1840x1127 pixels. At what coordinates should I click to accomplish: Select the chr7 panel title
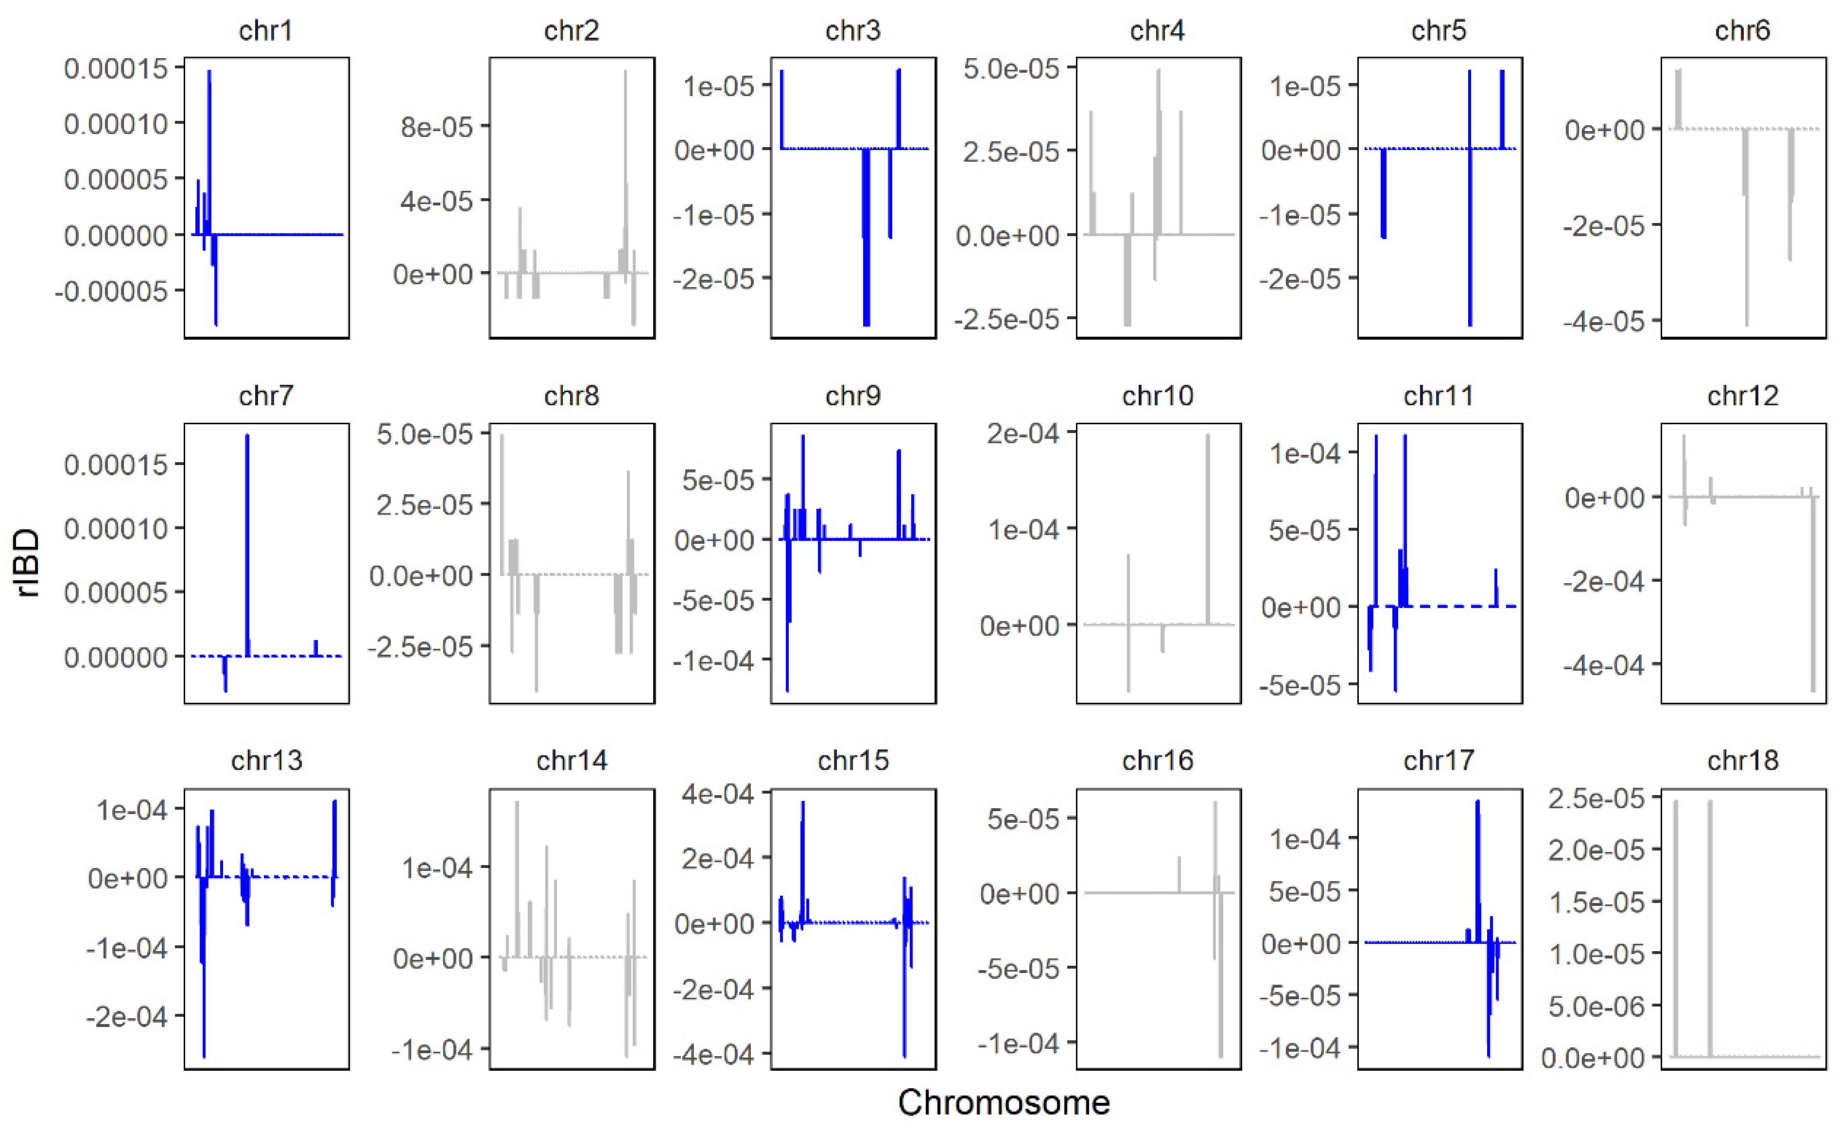point(266,396)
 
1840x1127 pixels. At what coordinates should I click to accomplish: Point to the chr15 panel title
point(853,760)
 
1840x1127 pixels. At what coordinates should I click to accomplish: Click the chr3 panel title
point(853,31)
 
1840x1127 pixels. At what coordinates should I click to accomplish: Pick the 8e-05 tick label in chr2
point(437,127)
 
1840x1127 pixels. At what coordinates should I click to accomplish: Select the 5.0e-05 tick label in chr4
point(1011,69)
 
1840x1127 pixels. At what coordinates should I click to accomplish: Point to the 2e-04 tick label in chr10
point(1022,433)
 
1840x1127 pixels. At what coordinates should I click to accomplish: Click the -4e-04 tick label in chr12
point(1604,665)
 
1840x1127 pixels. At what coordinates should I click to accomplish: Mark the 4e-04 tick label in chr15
point(717,794)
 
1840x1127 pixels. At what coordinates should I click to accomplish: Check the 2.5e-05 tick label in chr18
point(1596,798)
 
